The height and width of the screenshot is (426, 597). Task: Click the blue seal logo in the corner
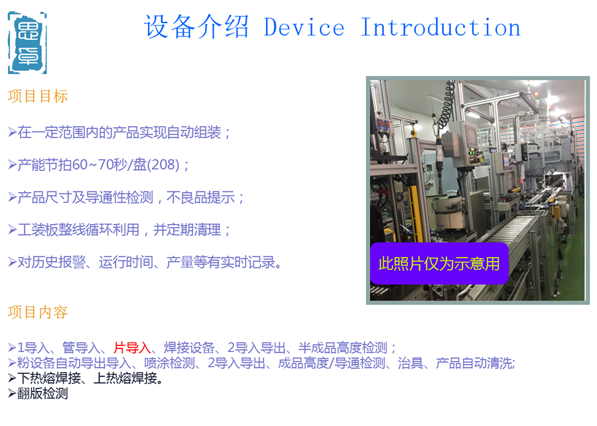(27, 42)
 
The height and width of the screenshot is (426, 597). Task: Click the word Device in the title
(304, 27)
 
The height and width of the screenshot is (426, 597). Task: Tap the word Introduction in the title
(440, 27)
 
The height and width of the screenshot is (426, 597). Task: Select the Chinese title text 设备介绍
(196, 27)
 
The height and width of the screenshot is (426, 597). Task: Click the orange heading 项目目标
(38, 96)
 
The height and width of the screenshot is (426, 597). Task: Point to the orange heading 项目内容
(38, 312)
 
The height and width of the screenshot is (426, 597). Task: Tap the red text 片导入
(132, 348)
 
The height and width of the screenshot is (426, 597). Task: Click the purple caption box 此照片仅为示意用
(439, 263)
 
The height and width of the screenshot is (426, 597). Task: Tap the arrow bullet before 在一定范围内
(12, 133)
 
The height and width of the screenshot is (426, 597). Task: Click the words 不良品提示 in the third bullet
(200, 197)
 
